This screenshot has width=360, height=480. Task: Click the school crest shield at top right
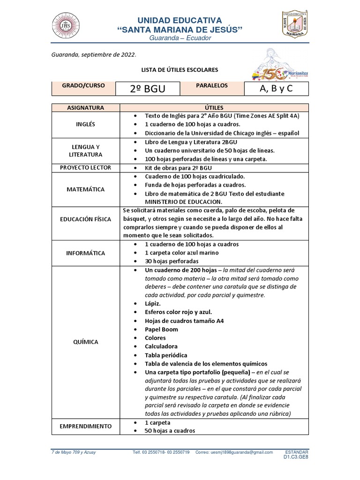pyautogui.click(x=294, y=24)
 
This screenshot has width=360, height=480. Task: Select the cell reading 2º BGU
pyautogui.click(x=148, y=89)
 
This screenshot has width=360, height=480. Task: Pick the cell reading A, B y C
pyautogui.click(x=277, y=89)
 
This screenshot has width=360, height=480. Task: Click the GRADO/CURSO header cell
pyautogui.click(x=83, y=86)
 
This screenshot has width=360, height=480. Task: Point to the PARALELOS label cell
pyautogui.click(x=212, y=86)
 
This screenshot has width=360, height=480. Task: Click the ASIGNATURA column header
pyautogui.click(x=85, y=108)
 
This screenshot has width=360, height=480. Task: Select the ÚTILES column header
pyautogui.click(x=214, y=108)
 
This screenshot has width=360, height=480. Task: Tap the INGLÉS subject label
pyautogui.click(x=85, y=124)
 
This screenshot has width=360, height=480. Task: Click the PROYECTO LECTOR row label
pyautogui.click(x=85, y=167)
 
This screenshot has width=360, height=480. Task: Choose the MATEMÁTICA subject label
pyautogui.click(x=85, y=189)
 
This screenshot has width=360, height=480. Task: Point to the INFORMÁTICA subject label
pyautogui.click(x=85, y=253)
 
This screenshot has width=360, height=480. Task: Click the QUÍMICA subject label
pyautogui.click(x=85, y=342)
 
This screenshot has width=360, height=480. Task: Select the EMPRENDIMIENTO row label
pyautogui.click(x=85, y=426)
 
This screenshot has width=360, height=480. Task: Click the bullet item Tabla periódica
pyautogui.click(x=166, y=355)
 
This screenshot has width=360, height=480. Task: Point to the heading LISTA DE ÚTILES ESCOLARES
pyautogui.click(x=180, y=70)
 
